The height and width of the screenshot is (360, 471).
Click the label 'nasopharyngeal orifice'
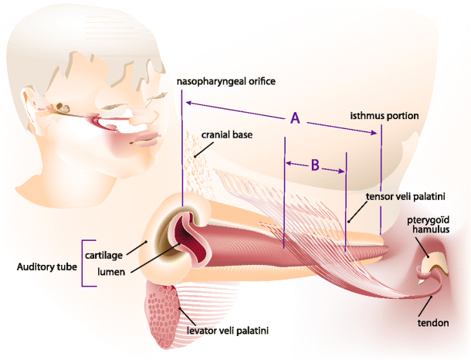click(225, 80)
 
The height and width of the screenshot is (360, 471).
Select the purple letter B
click(315, 164)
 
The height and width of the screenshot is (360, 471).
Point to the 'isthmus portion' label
click(384, 115)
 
